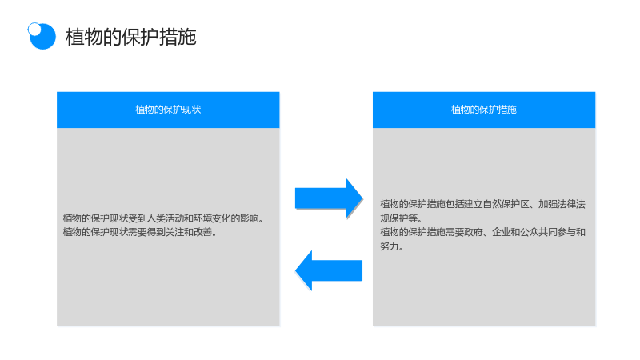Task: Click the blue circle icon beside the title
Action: coord(42,36)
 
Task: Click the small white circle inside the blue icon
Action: coord(34,30)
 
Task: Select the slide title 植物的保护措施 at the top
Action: coord(131,37)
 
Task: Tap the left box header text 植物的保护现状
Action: coord(168,110)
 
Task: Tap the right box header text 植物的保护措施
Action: coord(484,110)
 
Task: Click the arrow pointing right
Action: coord(329,198)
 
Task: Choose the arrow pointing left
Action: coord(329,270)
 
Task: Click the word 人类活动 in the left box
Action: coord(160,218)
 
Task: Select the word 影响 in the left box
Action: coord(249,218)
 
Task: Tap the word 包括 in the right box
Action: coord(454,204)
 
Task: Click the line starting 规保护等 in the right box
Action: coord(402,218)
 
